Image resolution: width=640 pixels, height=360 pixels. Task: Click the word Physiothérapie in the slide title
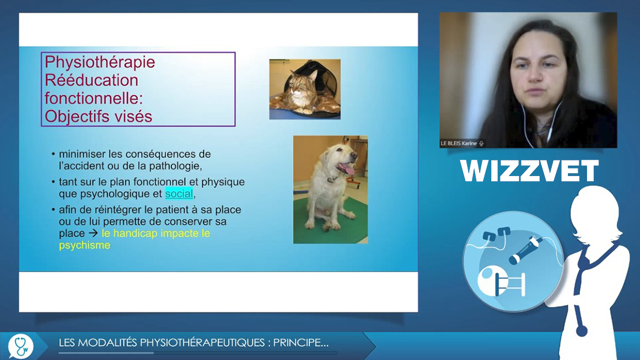tap(100, 62)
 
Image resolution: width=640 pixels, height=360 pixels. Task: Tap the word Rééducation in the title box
tap(92, 80)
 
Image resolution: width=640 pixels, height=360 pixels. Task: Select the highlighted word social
tap(179, 193)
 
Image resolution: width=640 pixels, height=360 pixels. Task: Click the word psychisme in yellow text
tap(85, 245)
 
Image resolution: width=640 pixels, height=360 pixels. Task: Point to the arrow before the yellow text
tap(93, 233)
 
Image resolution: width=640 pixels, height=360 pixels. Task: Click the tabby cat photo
tap(305, 89)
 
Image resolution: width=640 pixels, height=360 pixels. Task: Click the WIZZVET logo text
tap(529, 171)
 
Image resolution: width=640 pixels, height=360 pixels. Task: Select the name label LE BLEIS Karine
tap(458, 144)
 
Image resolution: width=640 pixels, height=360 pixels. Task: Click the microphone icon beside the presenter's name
tap(481, 144)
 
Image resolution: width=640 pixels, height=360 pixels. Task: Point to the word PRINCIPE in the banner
tap(300, 343)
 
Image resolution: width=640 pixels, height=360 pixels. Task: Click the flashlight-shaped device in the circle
tap(526, 249)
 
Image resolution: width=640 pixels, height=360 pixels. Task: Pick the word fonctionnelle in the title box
tap(93, 99)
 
